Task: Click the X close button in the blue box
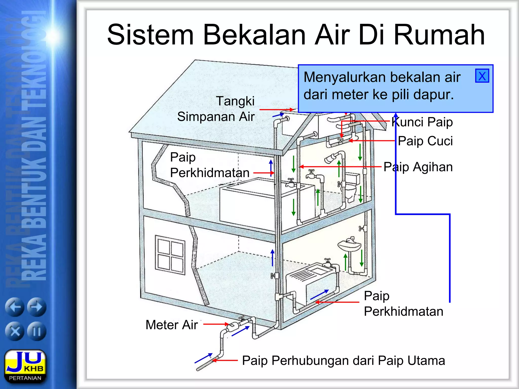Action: (x=482, y=76)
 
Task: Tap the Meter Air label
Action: (x=172, y=325)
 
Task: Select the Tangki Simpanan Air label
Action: (x=216, y=109)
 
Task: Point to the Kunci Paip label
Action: (x=422, y=122)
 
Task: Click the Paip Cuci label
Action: (x=425, y=141)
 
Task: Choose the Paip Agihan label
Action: (x=418, y=167)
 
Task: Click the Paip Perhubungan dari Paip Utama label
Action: (x=343, y=360)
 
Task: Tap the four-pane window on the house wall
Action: (x=170, y=255)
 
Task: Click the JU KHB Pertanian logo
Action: (x=25, y=366)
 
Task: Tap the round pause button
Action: (x=37, y=331)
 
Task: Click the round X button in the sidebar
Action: (x=15, y=331)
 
